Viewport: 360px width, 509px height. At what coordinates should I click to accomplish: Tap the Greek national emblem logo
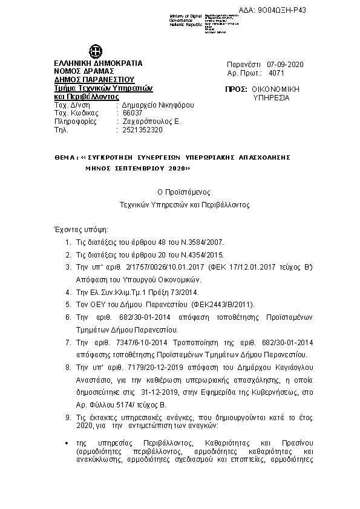(x=96, y=51)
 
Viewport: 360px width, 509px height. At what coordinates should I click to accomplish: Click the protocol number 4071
(x=276, y=72)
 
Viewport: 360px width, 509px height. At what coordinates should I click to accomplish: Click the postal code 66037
(x=133, y=112)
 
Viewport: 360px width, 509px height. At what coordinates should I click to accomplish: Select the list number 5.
(x=69, y=304)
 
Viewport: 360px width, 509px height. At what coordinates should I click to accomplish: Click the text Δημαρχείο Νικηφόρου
(x=155, y=104)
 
